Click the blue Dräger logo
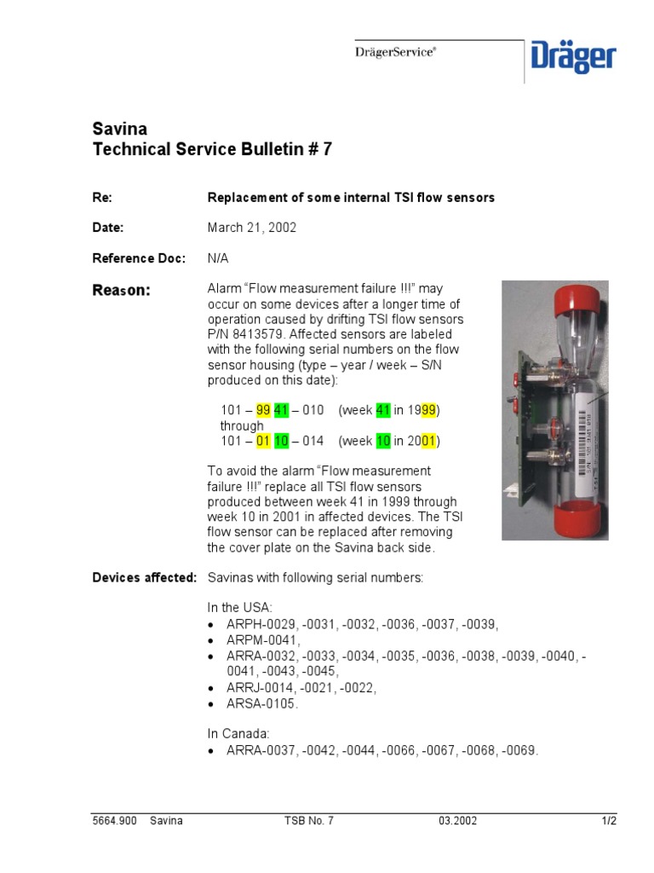click(x=573, y=58)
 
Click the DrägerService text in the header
click(x=395, y=52)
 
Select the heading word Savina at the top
click(x=119, y=130)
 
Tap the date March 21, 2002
click(x=252, y=228)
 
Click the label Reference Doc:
click(x=138, y=258)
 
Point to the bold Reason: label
click(x=121, y=291)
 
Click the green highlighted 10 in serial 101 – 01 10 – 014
click(x=281, y=441)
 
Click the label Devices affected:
click(x=144, y=578)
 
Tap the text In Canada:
click(x=238, y=733)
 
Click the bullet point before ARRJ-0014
click(x=213, y=687)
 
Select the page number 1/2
click(x=608, y=821)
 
